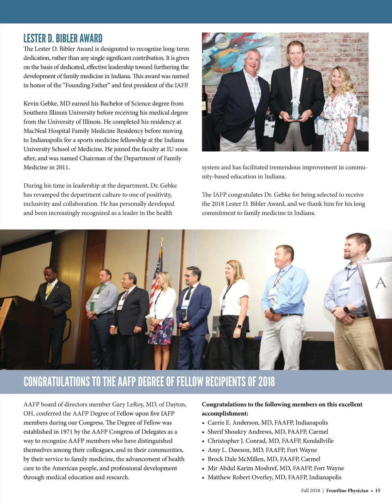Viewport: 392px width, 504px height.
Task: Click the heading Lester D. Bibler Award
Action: point(63,39)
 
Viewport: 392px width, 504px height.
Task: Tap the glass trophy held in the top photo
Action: point(295,108)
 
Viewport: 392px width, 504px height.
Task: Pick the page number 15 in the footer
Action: point(378,491)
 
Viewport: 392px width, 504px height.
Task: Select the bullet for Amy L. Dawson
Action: point(204,450)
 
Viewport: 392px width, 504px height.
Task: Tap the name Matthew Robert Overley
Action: point(240,477)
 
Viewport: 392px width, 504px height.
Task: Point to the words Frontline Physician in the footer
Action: point(347,491)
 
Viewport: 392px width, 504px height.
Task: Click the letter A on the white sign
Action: point(381,282)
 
